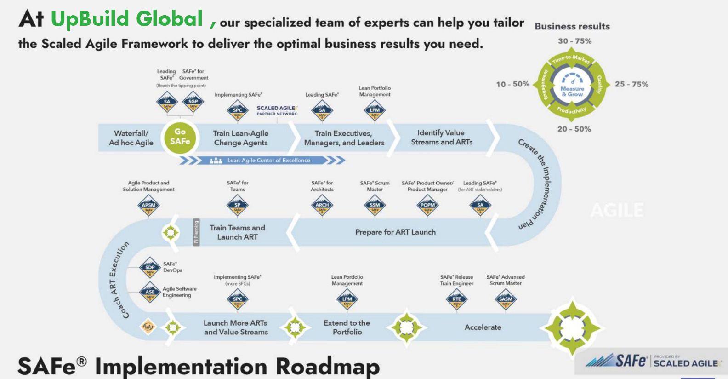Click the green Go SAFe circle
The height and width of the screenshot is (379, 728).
[180, 137]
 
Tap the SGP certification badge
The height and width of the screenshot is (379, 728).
[193, 102]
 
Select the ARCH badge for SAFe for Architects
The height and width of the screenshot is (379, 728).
[322, 206]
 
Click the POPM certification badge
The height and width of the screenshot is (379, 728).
[427, 206]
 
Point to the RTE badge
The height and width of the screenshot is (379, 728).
[456, 299]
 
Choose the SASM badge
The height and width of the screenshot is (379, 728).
[506, 299]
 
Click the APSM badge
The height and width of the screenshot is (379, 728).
[148, 206]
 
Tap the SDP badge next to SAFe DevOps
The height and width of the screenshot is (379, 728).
[150, 268]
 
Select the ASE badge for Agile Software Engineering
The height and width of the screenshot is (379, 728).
[150, 292]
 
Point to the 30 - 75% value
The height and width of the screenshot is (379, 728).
[574, 41]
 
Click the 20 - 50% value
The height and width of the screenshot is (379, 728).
[574, 129]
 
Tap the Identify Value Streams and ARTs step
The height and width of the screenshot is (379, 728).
[441, 138]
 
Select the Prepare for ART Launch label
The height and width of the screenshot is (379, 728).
[395, 232]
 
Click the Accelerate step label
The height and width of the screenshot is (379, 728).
[483, 327]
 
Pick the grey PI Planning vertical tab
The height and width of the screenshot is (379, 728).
[196, 232]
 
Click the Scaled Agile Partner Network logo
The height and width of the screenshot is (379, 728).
[277, 110]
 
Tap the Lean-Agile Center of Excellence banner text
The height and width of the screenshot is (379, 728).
[268, 161]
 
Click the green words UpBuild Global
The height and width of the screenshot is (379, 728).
[127, 19]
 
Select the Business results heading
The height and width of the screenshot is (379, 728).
[572, 27]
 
